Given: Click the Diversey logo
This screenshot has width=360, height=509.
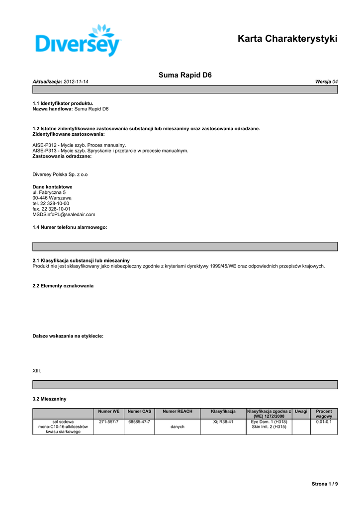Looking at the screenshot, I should (x=79, y=40).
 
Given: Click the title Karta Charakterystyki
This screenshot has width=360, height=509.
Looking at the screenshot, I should (x=287, y=39).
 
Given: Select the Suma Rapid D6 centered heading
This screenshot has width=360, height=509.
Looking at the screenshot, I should (x=185, y=75).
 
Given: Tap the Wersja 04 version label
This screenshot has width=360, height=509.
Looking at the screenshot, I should (x=326, y=82).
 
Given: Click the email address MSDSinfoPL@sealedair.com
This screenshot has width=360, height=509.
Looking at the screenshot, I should (x=64, y=215).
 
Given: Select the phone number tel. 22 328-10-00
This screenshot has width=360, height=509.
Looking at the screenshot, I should (x=51, y=203).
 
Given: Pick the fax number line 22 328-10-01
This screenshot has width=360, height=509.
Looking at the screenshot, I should (x=51, y=209).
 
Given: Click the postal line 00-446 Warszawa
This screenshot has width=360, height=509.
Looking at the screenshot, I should (x=52, y=198).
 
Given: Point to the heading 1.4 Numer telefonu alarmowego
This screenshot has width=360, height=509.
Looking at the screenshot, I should (x=70, y=227).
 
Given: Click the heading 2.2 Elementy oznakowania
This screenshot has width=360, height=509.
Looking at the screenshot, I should (x=63, y=286).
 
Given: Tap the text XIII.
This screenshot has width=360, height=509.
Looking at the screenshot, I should (x=37, y=371).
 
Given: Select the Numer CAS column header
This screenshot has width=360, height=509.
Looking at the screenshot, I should (x=139, y=412).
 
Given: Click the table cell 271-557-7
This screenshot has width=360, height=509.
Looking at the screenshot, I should (x=109, y=422).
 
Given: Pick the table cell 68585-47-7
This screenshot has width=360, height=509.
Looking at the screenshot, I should (x=139, y=422).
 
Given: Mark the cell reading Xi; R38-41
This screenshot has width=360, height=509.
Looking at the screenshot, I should (x=223, y=422).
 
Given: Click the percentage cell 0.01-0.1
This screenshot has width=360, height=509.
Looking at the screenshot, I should (x=324, y=422).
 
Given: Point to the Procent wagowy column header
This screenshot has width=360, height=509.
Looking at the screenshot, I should (x=324, y=414).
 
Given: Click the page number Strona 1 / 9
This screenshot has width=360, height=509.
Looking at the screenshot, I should (x=325, y=484).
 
